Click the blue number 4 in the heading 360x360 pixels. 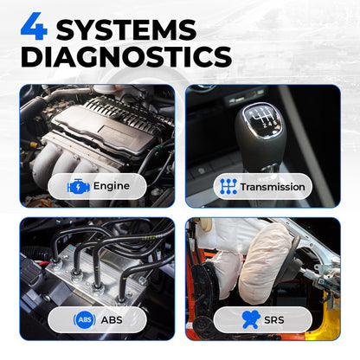[32, 28]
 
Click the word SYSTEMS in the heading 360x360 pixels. [125, 28]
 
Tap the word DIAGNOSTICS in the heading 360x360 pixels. [126, 56]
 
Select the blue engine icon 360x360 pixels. [78, 185]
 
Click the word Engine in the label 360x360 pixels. [111, 185]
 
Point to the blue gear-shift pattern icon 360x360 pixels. [228, 185]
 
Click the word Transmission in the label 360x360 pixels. [273, 186]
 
